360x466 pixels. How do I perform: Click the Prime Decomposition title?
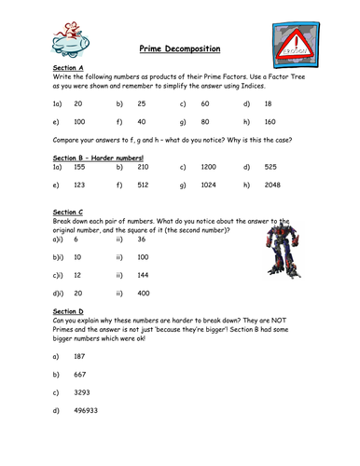(180, 48)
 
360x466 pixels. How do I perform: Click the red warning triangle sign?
(296, 45)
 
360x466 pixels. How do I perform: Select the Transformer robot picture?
(284, 250)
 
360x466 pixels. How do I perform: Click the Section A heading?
(68, 68)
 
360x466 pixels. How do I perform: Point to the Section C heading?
(68, 212)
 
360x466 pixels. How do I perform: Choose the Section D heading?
(68, 311)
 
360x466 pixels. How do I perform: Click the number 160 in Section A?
(270, 122)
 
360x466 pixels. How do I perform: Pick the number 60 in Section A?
(205, 103)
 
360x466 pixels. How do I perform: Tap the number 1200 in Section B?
(208, 167)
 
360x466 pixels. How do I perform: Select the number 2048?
(272, 185)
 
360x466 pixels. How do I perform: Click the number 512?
(143, 185)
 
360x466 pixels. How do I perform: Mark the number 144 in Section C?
(143, 275)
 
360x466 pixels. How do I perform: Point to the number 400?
(144, 293)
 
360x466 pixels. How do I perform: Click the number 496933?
(86, 410)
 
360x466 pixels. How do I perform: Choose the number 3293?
(82, 392)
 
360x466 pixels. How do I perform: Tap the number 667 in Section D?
(80, 375)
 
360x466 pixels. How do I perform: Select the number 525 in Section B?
(270, 167)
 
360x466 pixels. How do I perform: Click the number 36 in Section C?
(142, 239)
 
